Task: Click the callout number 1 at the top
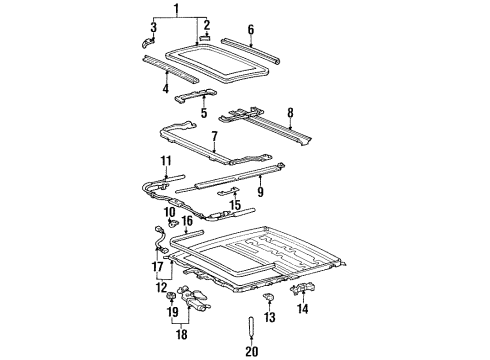tap(177, 10)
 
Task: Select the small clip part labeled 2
tap(205, 38)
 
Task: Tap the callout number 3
tap(154, 27)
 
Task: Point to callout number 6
tap(251, 30)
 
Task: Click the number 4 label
tap(166, 88)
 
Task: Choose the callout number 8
tap(290, 113)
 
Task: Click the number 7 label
tap(214, 137)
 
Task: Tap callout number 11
tap(166, 161)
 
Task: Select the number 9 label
tap(260, 191)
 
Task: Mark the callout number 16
tap(187, 220)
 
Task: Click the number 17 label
tap(158, 267)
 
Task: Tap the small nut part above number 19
tap(171, 296)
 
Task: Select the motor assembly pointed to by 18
tap(194, 297)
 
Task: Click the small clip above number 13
tap(270, 296)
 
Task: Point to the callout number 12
tap(162, 287)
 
